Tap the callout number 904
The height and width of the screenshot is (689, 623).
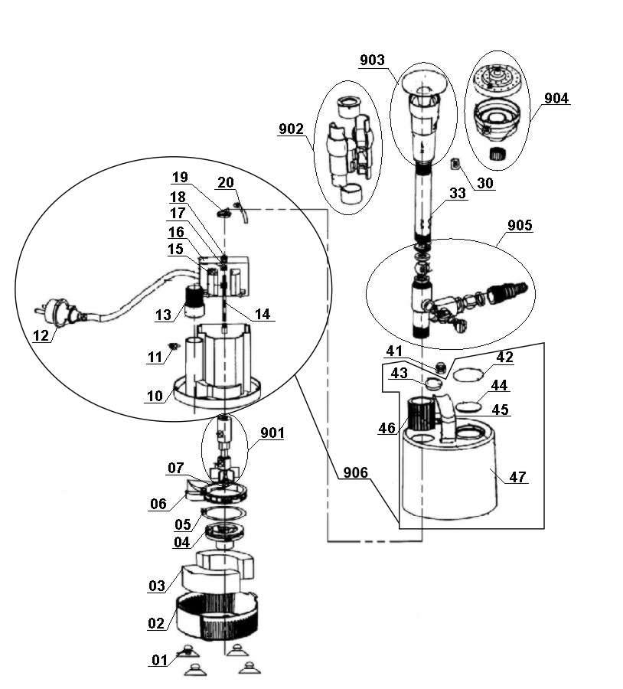pos(556,99)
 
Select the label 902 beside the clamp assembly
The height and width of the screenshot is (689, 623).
pos(292,129)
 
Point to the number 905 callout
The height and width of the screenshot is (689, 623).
pos(520,226)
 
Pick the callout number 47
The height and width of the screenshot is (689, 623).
pos(518,477)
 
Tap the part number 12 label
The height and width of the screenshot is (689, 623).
pos(41,335)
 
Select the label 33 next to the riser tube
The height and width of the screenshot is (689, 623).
pos(457,194)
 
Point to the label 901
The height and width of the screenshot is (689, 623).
pos(272,433)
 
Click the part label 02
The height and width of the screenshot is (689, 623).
pos(156,623)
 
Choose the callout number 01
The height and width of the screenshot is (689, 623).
pos(159,660)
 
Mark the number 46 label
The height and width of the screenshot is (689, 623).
pos(387,428)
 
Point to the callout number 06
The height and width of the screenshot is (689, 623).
pos(158,504)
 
